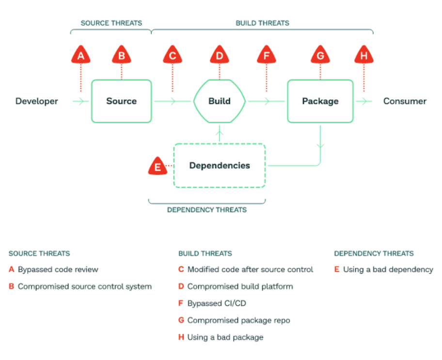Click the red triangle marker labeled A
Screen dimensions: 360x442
81,55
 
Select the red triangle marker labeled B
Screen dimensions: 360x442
122,55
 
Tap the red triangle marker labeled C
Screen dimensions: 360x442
172,55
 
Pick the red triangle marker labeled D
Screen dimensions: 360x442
220,55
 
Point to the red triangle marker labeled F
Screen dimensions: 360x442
267,55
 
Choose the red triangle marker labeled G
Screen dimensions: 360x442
320,55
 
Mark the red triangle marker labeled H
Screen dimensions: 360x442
364,55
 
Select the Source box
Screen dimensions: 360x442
122,101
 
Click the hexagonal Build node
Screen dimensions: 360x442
220,101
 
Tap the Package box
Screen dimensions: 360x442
320,101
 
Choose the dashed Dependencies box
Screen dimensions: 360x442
220,165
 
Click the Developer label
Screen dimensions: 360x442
36,101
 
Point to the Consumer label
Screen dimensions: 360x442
405,101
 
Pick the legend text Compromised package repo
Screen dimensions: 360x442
238,320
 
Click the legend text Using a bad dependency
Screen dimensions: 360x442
388,269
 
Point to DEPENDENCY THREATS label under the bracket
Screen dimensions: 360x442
207,210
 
